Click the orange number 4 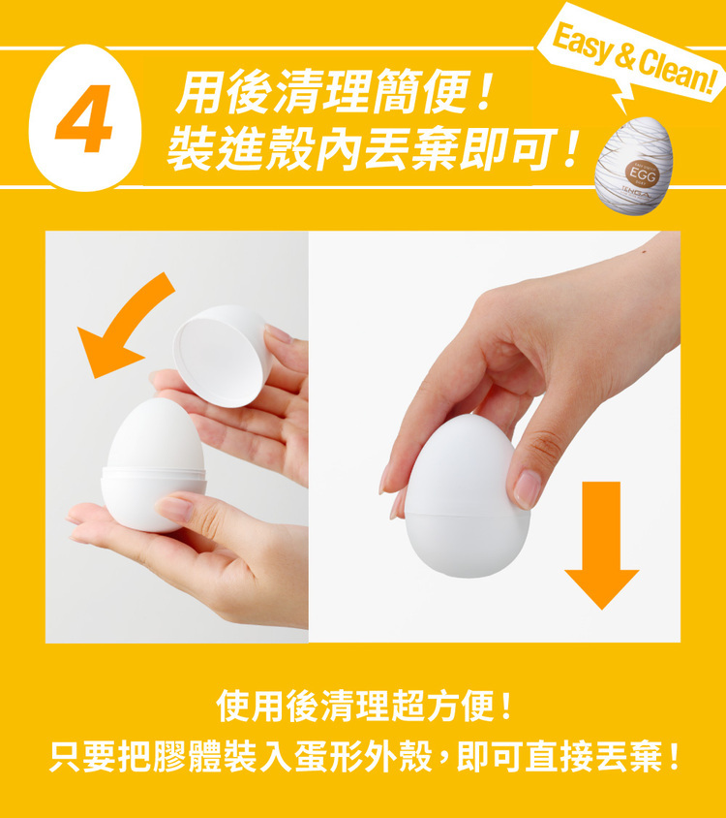point(84,120)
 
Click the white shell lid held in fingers point(221,355)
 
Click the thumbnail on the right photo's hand point(528,488)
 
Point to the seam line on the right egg point(468,511)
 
